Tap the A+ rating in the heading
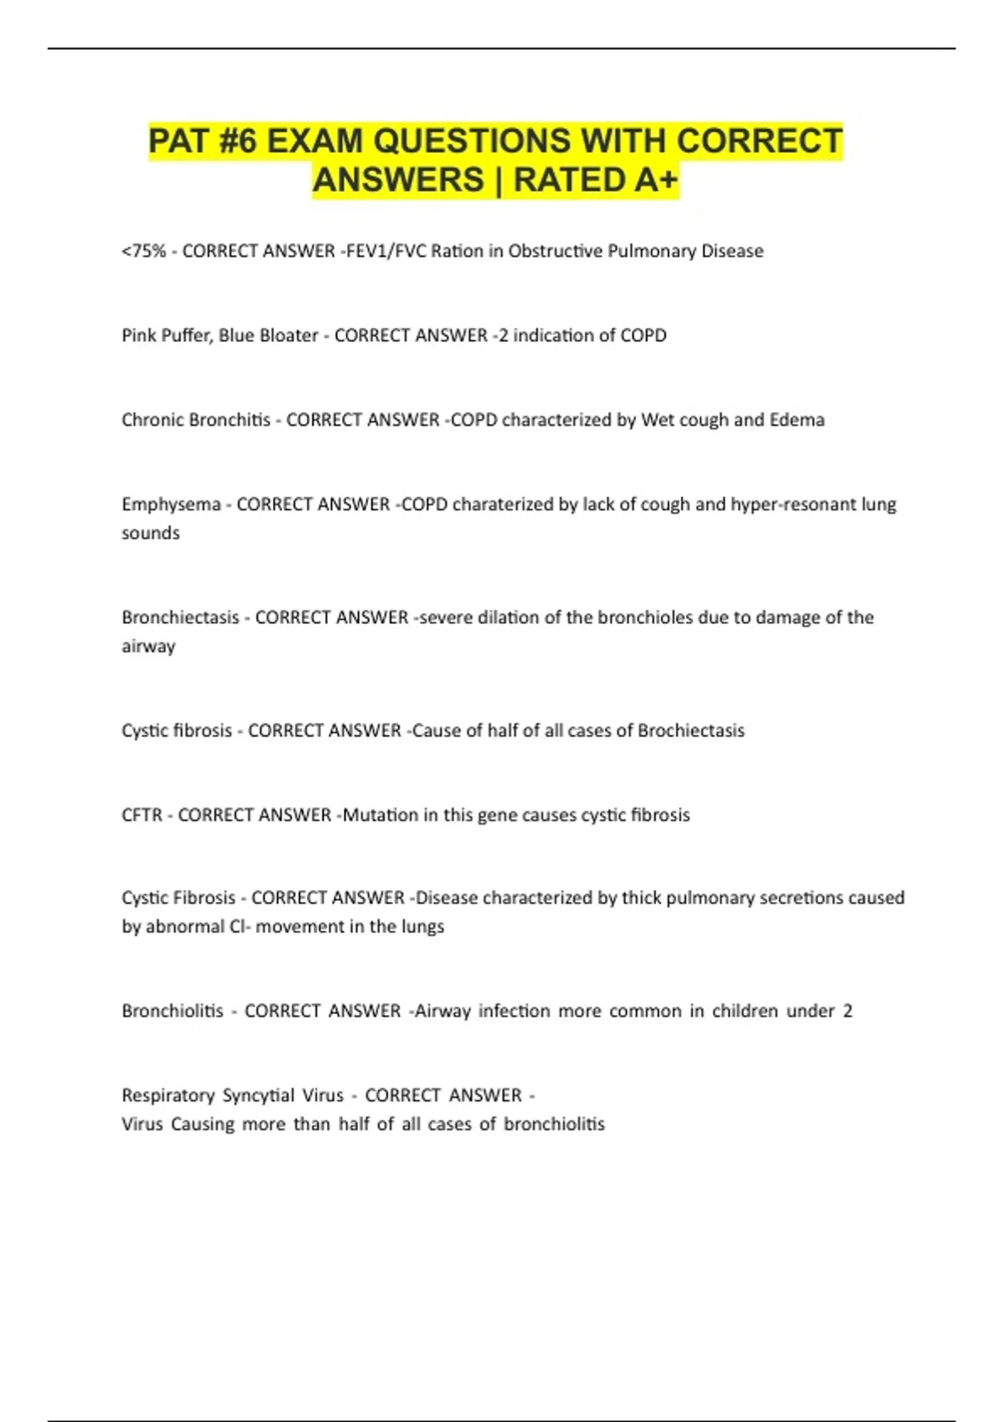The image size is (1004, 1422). pyautogui.click(x=656, y=180)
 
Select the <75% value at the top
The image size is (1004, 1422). pyautogui.click(x=144, y=251)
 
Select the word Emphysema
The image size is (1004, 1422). pyautogui.click(x=172, y=504)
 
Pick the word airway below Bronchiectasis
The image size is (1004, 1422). pyautogui.click(x=148, y=646)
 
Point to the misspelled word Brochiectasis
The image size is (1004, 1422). pyautogui.click(x=691, y=730)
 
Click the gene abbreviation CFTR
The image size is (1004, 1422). pyautogui.click(x=142, y=815)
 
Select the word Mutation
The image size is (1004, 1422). pyautogui.click(x=380, y=815)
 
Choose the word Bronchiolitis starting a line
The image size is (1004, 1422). pyautogui.click(x=172, y=1010)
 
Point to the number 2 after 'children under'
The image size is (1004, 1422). pyautogui.click(x=848, y=1010)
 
